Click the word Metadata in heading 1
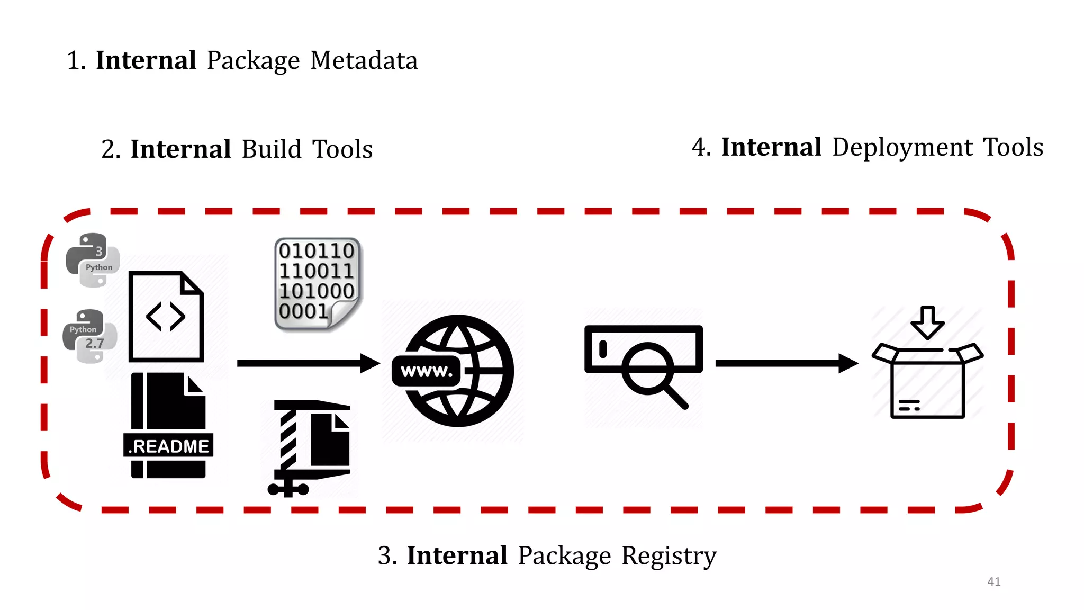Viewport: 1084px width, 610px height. point(364,60)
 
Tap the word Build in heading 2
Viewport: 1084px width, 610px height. point(272,149)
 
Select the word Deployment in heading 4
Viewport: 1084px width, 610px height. point(902,147)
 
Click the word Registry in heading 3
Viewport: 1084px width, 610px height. point(669,556)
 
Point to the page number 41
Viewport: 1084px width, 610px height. point(993,581)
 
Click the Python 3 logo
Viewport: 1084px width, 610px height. point(93,260)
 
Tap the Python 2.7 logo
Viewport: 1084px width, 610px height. point(89,336)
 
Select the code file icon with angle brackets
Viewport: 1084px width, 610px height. point(166,317)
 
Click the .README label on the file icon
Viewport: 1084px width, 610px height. point(168,446)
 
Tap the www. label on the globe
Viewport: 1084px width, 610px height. point(427,371)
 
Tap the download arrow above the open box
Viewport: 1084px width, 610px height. point(927,321)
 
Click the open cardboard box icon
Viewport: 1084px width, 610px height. point(927,384)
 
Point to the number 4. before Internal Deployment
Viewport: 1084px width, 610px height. point(701,147)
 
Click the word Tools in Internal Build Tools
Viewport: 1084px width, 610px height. point(342,149)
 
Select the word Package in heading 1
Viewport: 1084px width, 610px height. point(253,60)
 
